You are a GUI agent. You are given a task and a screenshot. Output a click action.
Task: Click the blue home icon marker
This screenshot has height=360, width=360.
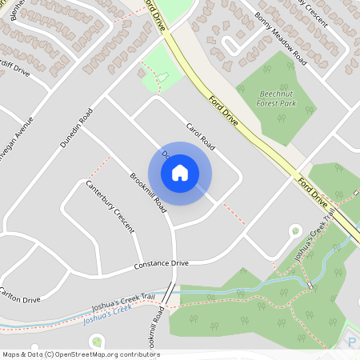(x=180, y=173)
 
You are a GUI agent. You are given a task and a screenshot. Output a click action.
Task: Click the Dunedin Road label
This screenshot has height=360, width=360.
(x=76, y=129)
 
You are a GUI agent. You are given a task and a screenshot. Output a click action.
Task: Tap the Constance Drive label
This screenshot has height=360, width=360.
(x=161, y=263)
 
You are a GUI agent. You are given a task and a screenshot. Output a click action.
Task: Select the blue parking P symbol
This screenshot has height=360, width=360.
(x=352, y=342)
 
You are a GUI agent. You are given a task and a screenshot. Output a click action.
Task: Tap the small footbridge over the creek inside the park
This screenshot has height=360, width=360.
(x=310, y=284)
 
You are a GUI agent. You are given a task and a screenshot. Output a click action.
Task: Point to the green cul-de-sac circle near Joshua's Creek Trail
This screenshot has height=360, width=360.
(x=295, y=231)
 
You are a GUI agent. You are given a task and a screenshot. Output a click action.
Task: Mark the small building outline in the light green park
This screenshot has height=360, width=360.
(x=163, y=77)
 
